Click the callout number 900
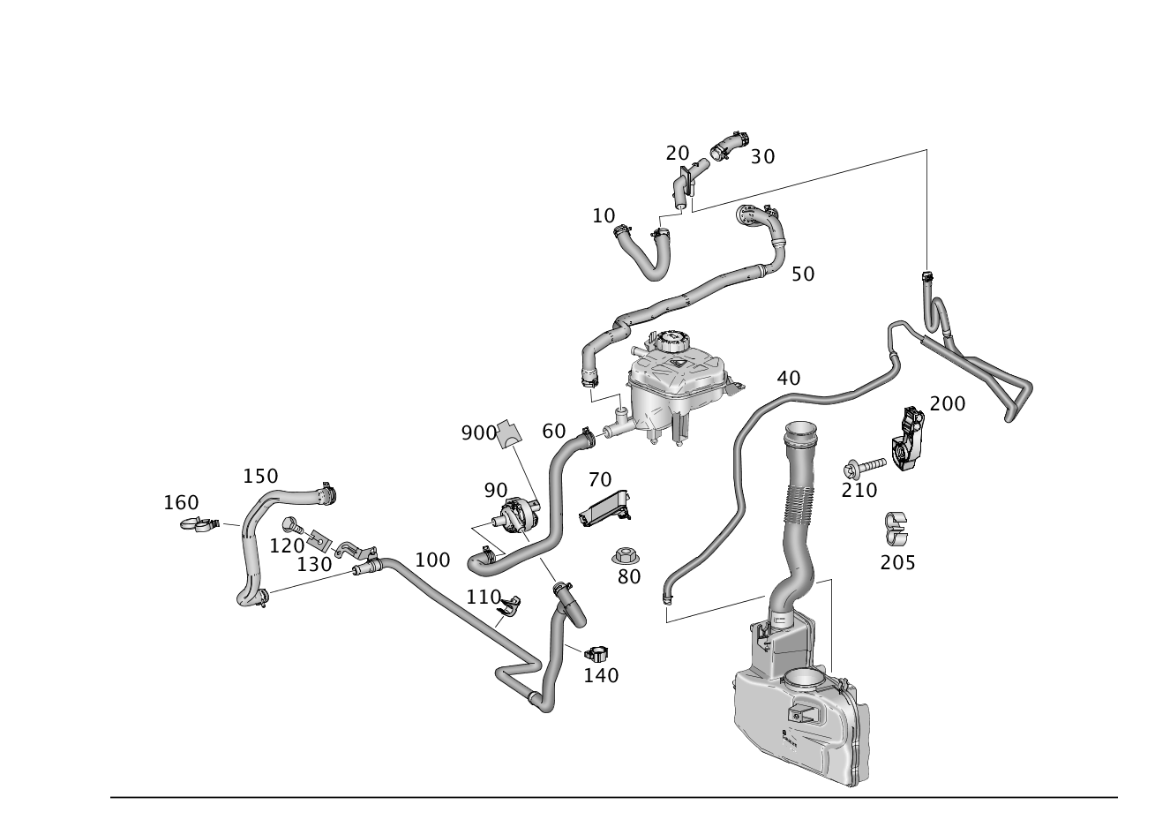point(478,433)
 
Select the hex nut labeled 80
point(626,555)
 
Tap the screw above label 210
point(865,467)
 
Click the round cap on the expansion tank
point(672,342)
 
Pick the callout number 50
point(803,274)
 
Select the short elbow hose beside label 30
point(730,146)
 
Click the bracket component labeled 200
point(908,438)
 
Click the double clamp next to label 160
point(199,523)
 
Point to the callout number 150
point(260,476)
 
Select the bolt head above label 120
point(290,523)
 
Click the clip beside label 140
point(596,652)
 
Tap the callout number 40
point(788,379)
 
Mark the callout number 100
point(432,560)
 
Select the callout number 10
point(604,215)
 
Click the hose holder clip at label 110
point(510,604)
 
